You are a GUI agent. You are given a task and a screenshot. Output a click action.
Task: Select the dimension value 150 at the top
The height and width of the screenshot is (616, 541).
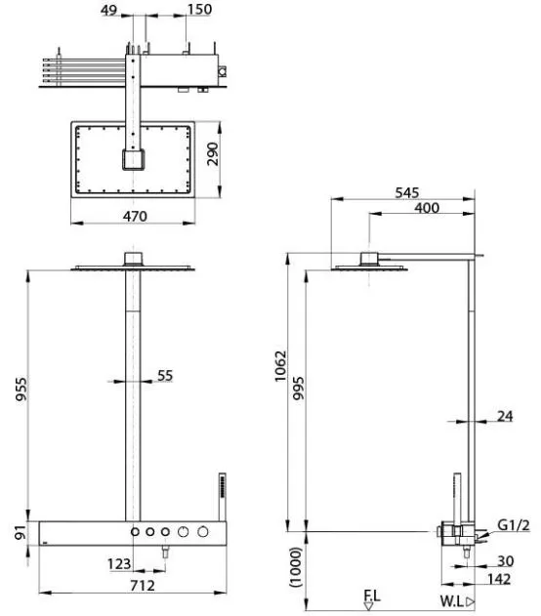[x=200, y=10]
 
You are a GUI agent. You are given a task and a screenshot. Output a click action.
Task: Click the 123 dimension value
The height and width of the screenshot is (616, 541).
[x=118, y=564]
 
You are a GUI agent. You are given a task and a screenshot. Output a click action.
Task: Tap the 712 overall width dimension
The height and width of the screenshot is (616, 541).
[x=128, y=586]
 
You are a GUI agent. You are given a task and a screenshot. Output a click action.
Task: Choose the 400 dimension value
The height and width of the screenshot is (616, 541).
[x=426, y=208]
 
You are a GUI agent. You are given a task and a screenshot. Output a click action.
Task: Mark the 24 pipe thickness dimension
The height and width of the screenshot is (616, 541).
[x=504, y=416]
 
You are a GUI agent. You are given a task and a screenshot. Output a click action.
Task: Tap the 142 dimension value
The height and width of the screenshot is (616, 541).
[x=502, y=578]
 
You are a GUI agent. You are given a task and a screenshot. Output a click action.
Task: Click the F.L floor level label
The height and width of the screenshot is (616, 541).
[x=372, y=594]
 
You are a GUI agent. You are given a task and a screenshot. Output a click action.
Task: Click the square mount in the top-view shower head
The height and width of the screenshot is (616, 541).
[x=131, y=160]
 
